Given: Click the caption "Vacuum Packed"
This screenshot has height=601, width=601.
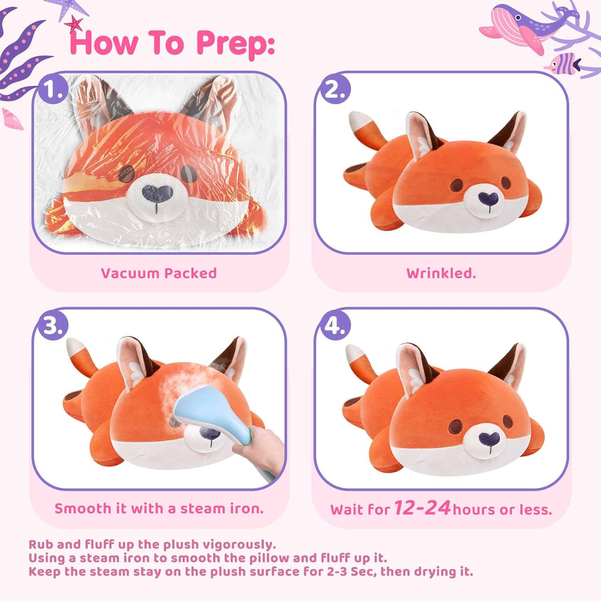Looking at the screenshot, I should (159, 273).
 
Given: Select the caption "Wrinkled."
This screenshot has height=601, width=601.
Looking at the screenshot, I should (441, 273).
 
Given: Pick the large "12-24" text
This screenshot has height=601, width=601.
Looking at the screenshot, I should (422, 508).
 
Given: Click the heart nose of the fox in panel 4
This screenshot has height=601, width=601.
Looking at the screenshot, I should (489, 439).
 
